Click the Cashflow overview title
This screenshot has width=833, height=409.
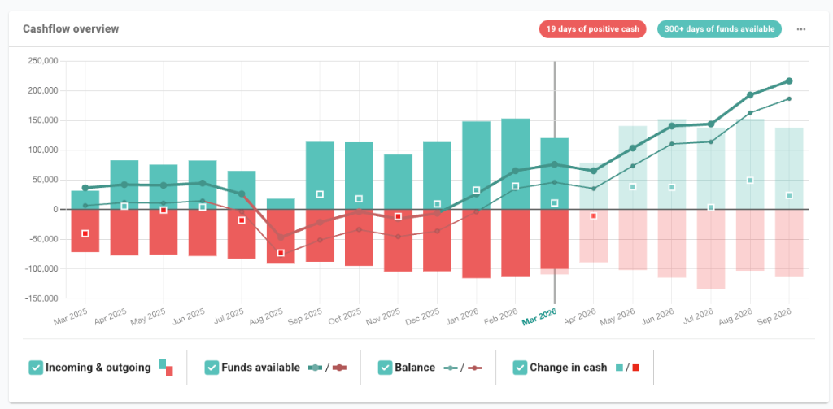(x=71, y=29)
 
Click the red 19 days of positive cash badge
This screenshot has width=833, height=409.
(x=593, y=29)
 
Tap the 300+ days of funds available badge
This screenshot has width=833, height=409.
(x=719, y=29)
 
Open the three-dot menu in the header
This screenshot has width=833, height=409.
(x=801, y=29)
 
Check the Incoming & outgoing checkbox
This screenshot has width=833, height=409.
(x=36, y=368)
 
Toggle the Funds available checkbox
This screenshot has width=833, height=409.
(x=212, y=368)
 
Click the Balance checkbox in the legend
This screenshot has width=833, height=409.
(x=385, y=368)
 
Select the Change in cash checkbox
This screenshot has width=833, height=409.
(x=520, y=368)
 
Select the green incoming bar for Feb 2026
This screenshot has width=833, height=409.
(x=515, y=163)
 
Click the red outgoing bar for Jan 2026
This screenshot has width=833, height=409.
(x=476, y=244)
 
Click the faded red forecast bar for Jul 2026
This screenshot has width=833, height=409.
(x=710, y=252)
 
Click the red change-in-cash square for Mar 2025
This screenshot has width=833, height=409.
(x=85, y=233)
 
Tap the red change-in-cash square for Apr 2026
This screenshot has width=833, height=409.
(x=593, y=216)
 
